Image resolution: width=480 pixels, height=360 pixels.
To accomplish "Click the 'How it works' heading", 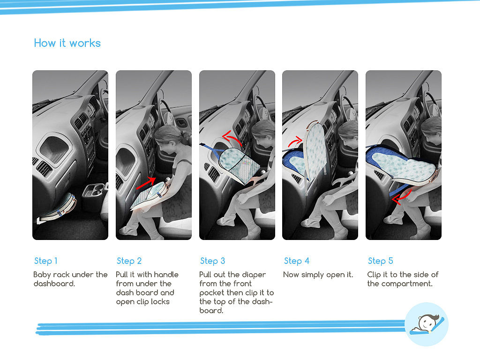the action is (x=67, y=43).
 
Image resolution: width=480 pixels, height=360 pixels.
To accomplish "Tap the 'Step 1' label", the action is (x=45, y=261).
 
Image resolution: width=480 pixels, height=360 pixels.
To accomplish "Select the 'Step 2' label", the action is (x=129, y=261).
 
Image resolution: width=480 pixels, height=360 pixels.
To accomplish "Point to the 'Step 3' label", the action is (x=212, y=261).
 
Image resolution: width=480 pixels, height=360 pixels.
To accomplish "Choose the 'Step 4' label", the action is (x=297, y=261).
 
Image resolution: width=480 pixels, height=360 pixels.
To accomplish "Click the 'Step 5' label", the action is (x=380, y=261).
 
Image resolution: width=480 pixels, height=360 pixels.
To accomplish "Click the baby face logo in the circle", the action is (x=427, y=324).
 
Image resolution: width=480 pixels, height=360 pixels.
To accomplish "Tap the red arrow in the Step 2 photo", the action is (x=146, y=183).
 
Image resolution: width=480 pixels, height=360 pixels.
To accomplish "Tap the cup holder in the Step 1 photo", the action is (x=94, y=190).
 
